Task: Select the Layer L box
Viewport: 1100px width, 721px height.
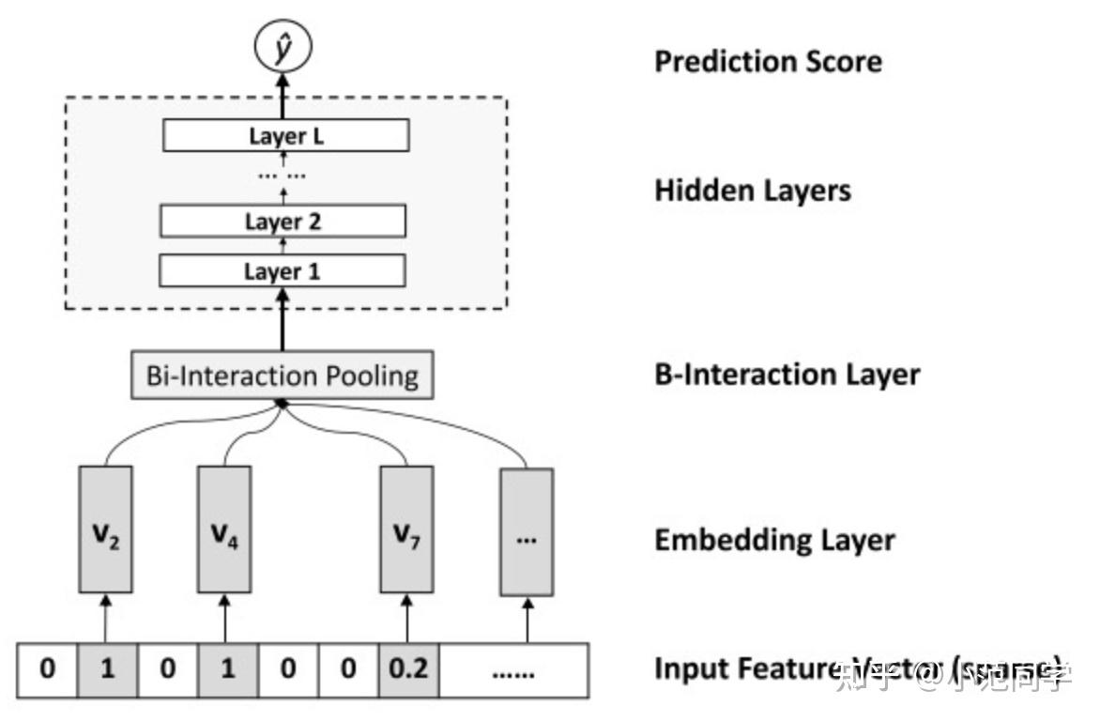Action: (x=285, y=136)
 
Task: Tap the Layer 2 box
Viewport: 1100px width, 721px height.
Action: (x=283, y=222)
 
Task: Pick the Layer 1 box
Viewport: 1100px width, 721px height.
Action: (x=283, y=271)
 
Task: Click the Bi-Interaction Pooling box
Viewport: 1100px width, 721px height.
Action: (x=282, y=376)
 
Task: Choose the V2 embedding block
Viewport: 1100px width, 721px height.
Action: (x=105, y=529)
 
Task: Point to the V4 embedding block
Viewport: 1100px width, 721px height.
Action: (x=224, y=529)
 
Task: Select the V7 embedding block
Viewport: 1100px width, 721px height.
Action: (x=405, y=529)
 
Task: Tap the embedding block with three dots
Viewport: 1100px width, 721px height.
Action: (x=527, y=530)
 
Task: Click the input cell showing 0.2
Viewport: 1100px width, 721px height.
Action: (x=409, y=670)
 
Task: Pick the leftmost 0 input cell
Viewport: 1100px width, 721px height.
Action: (x=48, y=670)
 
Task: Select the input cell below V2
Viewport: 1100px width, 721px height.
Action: (x=107, y=670)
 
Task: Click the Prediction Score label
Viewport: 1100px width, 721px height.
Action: (x=768, y=62)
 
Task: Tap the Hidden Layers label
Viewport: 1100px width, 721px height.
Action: (x=752, y=191)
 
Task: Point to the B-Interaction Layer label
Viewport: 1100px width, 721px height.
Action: (x=787, y=375)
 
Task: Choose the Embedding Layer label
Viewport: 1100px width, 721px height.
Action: (x=774, y=540)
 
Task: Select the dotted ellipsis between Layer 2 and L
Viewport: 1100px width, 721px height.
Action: (x=282, y=175)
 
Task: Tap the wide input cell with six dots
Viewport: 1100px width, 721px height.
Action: (x=512, y=670)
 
